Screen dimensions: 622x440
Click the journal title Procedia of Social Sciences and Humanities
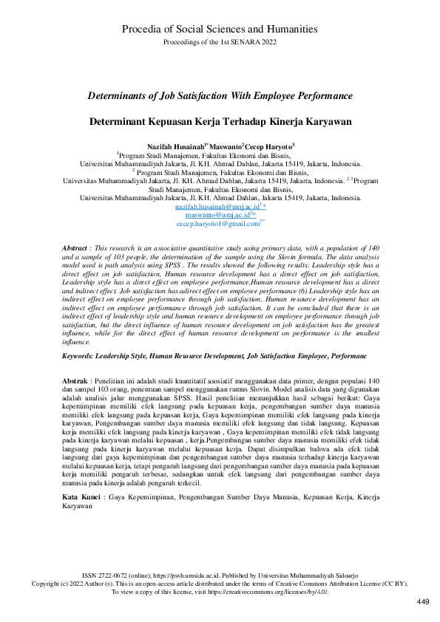tap(220, 29)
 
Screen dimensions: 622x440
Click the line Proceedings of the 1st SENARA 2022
tap(220, 42)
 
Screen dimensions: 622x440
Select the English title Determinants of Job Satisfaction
tap(220, 96)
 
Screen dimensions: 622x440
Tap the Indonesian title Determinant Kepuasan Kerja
tap(220, 120)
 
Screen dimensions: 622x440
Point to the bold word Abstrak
tap(75, 377)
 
